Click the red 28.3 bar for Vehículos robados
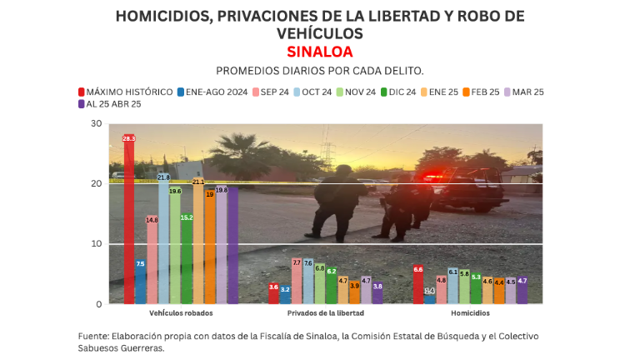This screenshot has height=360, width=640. point(129,221)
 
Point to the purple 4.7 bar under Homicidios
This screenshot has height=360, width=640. point(522,291)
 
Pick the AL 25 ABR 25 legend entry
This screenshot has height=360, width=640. point(108,104)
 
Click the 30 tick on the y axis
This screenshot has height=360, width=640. point(97,124)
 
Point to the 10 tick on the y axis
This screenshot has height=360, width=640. point(97,244)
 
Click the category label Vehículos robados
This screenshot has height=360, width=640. point(181,313)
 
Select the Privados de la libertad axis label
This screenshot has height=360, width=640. point(325,313)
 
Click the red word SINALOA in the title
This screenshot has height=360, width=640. point(319,51)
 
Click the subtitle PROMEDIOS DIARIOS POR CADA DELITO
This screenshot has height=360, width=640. point(319,71)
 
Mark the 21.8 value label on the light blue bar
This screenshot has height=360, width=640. point(164,177)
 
